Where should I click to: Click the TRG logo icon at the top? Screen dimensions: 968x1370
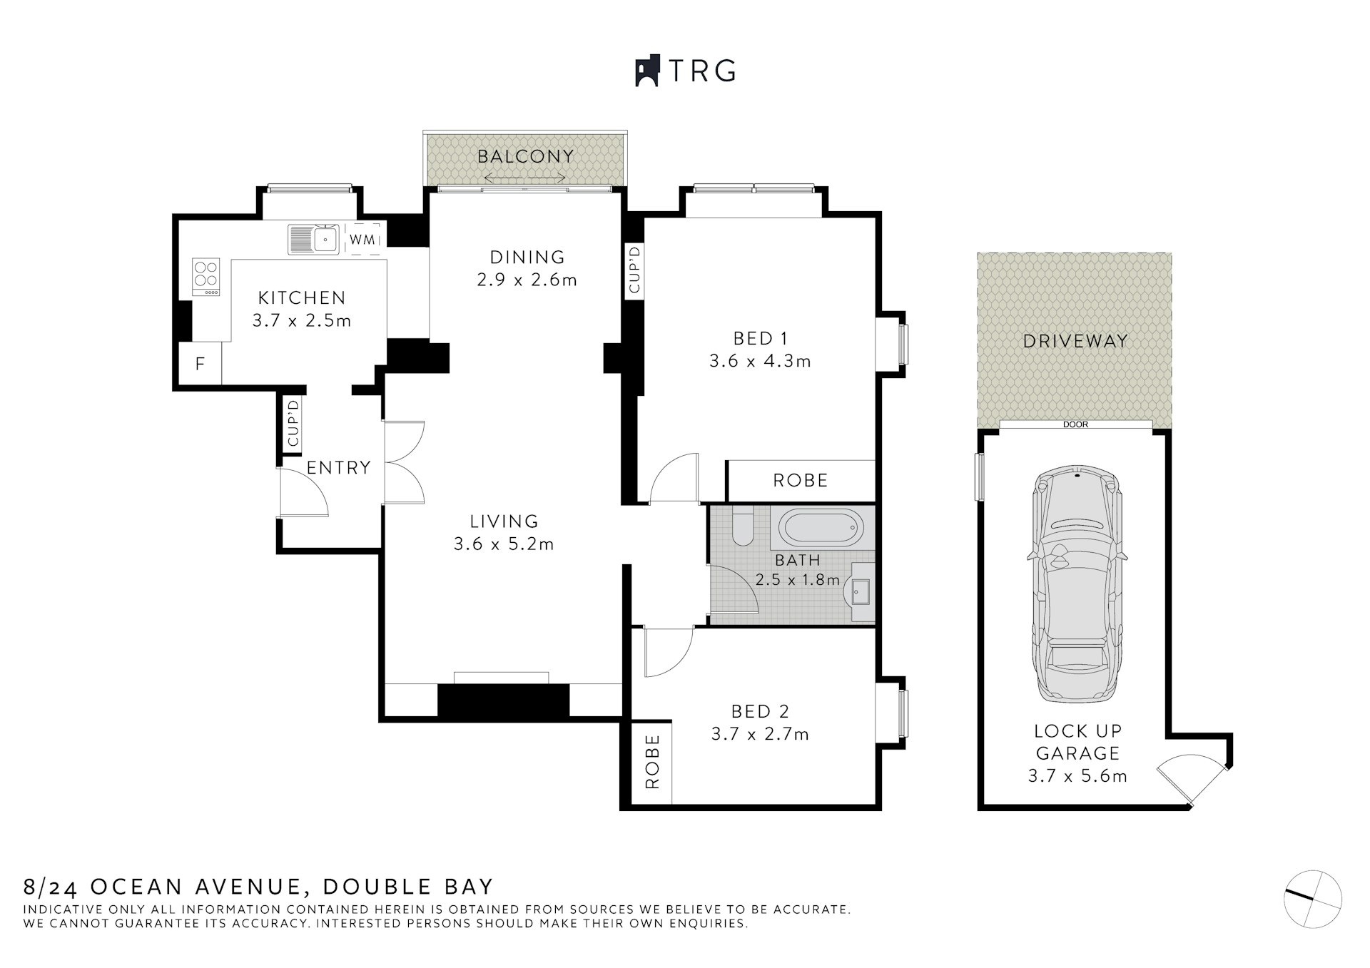pos(646,71)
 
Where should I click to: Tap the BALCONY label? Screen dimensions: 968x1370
pos(525,156)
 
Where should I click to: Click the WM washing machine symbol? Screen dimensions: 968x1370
pos(362,240)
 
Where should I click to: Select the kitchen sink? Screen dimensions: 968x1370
pos(314,239)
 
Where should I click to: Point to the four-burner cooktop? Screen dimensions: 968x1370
pos(207,277)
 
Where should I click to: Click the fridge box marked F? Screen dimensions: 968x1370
pos(200,364)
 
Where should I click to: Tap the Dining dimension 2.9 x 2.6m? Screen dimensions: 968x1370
pos(527,280)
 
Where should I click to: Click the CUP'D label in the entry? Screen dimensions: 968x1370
pos(293,424)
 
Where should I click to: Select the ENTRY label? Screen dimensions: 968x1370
pos(338,467)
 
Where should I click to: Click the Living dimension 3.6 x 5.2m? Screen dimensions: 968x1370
pos(504,544)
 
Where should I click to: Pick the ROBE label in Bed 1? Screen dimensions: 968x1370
pos(800,480)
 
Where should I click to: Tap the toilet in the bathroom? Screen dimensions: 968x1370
pos(742,527)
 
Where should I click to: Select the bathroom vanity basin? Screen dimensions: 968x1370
pos(858,591)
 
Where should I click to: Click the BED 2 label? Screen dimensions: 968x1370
pos(760,711)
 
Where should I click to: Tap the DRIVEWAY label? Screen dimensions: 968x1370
pos(1075,341)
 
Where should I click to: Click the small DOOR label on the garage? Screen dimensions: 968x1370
pos(1075,424)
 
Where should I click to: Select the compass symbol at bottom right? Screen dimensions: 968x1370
pos(1312,899)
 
